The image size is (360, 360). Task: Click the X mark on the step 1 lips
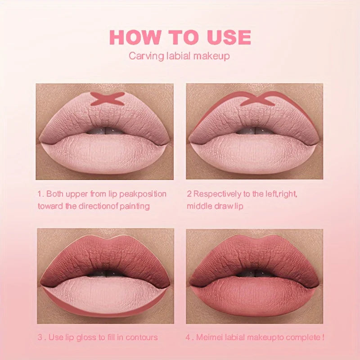click(x=107, y=99)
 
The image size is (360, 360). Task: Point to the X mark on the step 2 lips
click(x=257, y=99)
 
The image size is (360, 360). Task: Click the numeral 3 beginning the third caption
click(x=40, y=337)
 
